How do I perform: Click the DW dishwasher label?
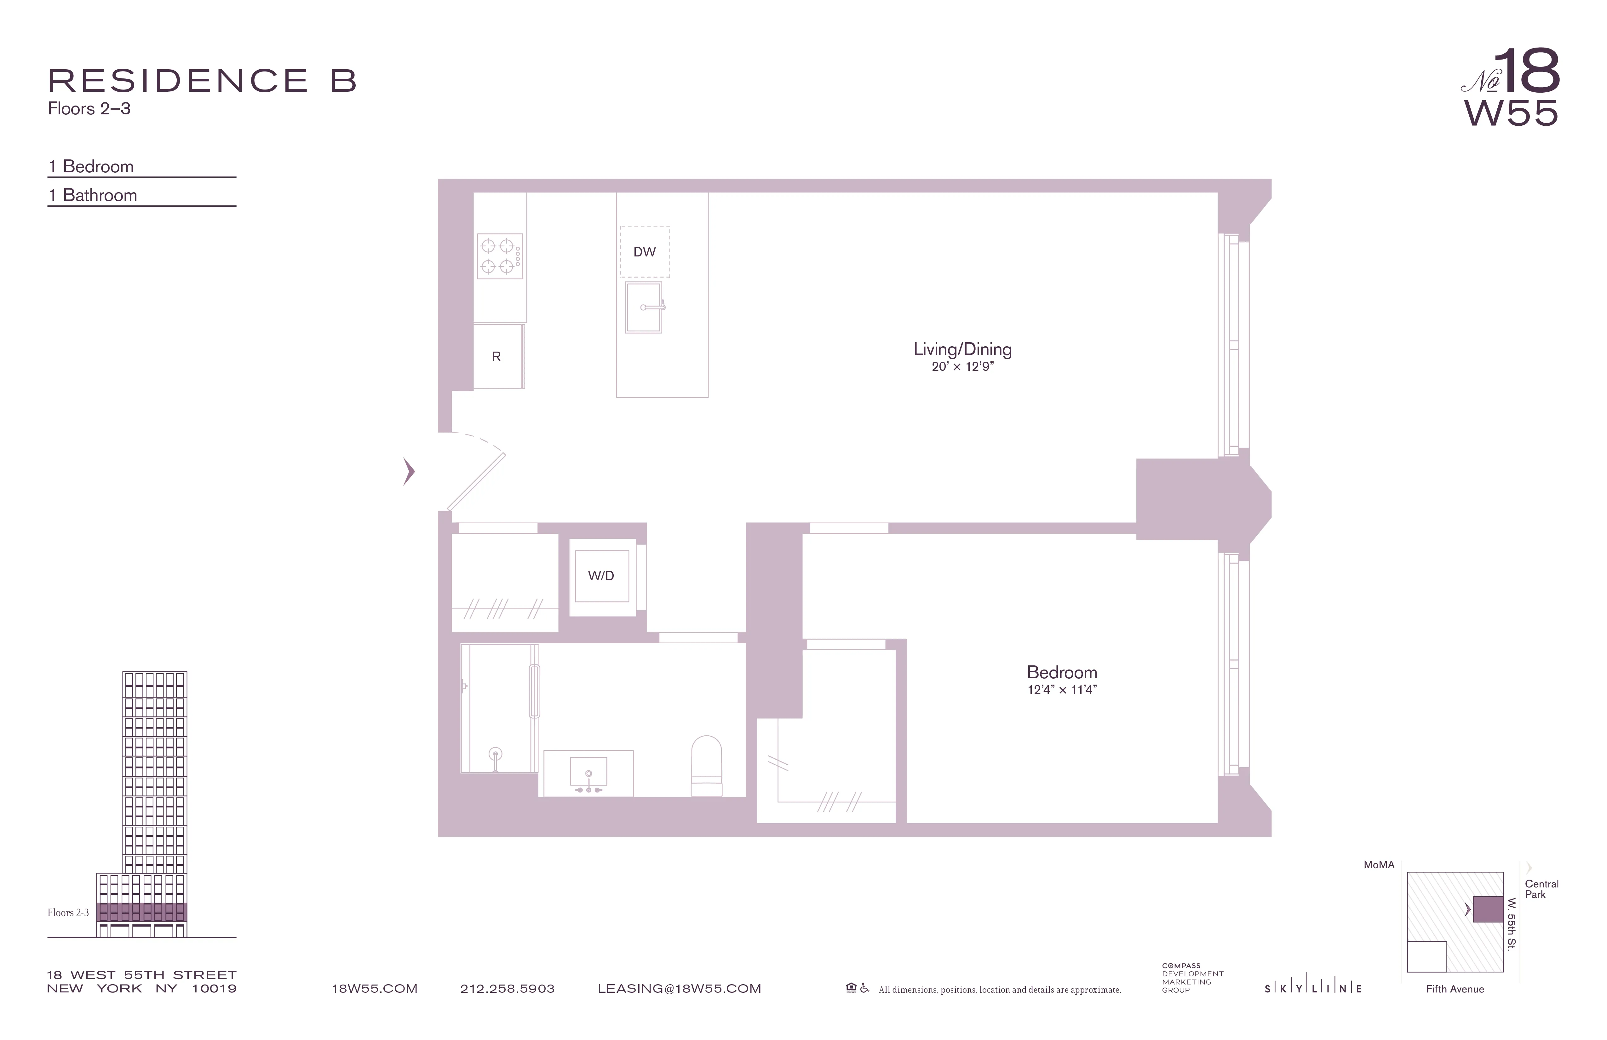pos(644,252)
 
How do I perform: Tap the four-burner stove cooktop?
pos(500,256)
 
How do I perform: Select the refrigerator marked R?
pos(497,357)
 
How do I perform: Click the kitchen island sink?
pos(644,308)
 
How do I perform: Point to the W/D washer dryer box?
pos(601,576)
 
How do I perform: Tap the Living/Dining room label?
pos(962,349)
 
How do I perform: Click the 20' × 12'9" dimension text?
pos(962,367)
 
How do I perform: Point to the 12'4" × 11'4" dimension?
pos(1061,690)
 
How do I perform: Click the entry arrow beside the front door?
pos(409,471)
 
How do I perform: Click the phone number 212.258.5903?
pos(507,989)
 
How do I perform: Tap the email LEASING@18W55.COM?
pos(679,989)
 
